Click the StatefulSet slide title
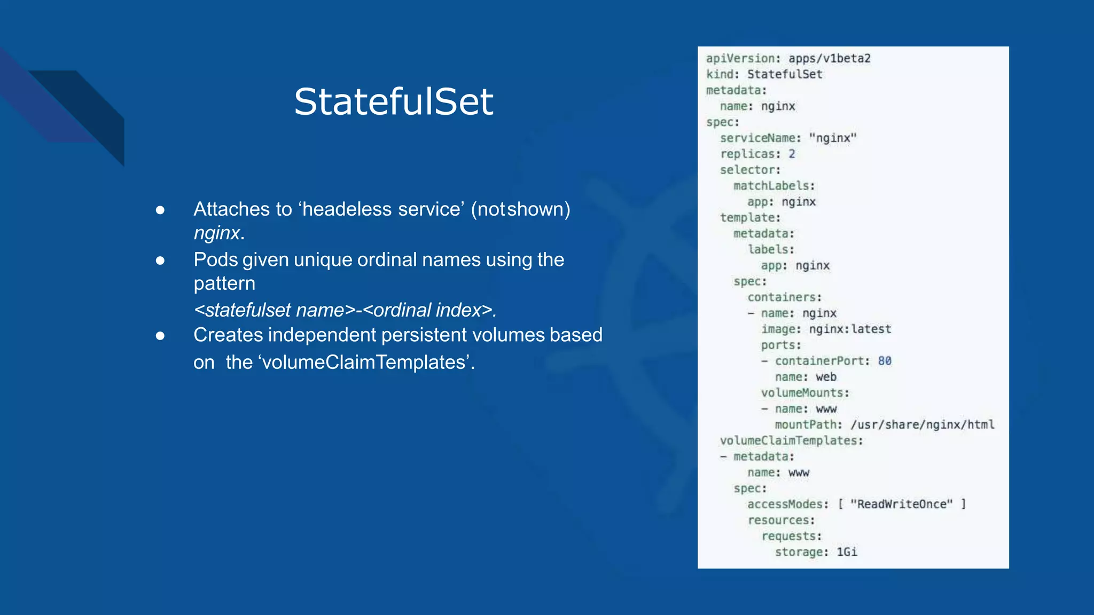394,101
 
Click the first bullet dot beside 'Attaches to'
160,210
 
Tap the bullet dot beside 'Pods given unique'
160,261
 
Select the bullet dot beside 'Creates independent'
160,336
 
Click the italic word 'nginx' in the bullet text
217,233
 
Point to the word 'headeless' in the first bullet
347,209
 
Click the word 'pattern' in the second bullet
224,283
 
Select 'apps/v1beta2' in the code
830,58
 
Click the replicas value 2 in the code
792,154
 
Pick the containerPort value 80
885,361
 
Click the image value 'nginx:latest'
850,329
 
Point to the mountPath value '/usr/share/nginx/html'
923,424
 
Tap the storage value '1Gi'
847,552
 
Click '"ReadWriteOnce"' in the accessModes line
902,504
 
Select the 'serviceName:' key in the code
761,138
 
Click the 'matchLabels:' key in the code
774,186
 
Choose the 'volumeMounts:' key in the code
805,393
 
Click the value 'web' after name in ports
826,377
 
